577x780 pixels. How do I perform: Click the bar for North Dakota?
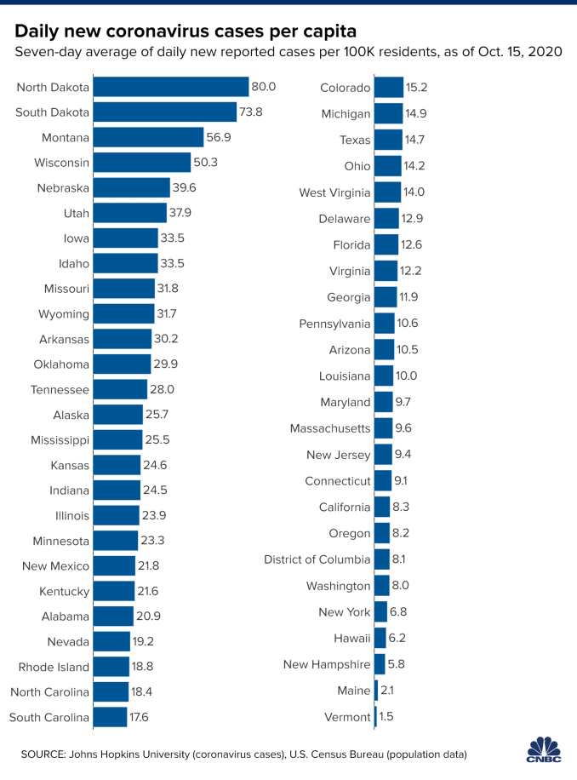[170, 86]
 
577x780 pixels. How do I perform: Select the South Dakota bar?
[164, 112]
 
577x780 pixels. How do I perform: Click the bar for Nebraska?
[131, 187]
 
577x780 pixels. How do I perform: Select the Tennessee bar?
[120, 389]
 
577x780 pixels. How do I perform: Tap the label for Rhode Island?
[54, 667]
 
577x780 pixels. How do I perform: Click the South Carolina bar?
[110, 717]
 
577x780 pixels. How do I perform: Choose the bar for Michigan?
[388, 113]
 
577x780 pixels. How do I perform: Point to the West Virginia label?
[334, 192]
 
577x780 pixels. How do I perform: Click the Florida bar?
[386, 245]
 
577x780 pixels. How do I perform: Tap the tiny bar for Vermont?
[375, 717]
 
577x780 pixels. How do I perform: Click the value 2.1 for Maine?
[388, 691]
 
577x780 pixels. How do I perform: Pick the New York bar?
[380, 612]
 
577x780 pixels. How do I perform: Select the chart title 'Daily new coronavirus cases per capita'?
[186, 32]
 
